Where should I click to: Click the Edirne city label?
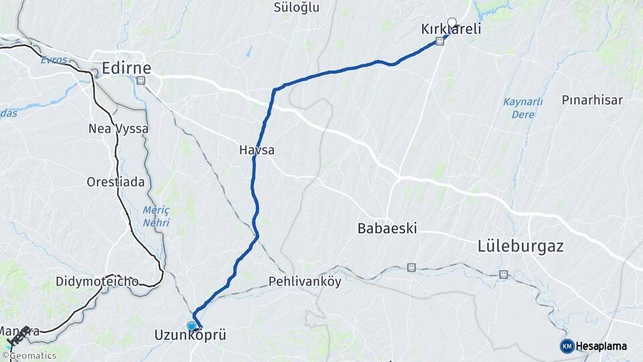(x=126, y=68)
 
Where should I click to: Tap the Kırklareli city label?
(x=451, y=30)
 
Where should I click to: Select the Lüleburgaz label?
(x=520, y=246)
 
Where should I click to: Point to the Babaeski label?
(x=387, y=228)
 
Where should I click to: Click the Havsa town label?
(x=257, y=150)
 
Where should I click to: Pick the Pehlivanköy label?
(x=305, y=282)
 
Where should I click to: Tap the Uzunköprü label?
(x=190, y=335)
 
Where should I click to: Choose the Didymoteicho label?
(x=97, y=282)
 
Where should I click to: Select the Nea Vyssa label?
(x=119, y=128)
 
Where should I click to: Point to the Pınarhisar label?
(x=592, y=101)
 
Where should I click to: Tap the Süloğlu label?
(x=297, y=8)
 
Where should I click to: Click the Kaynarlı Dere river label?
(x=522, y=107)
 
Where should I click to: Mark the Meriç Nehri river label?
(x=155, y=216)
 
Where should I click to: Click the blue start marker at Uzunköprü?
(x=192, y=326)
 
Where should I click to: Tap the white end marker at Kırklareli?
(x=451, y=21)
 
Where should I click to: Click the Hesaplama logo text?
(x=601, y=347)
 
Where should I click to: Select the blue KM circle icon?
(x=567, y=346)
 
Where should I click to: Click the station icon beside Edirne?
(x=141, y=80)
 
